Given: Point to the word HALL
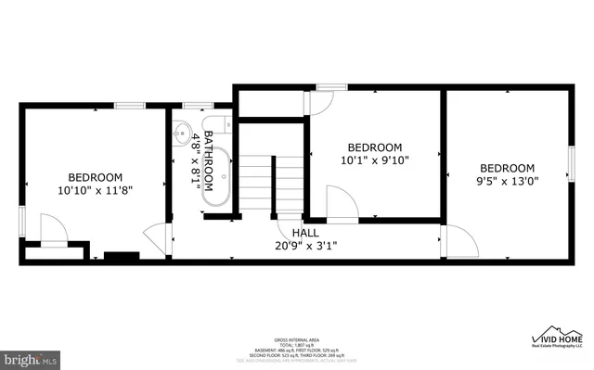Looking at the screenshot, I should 305,233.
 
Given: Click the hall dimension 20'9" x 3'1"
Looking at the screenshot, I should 305,247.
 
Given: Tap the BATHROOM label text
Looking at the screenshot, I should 213,160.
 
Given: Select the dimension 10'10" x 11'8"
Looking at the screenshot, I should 96,190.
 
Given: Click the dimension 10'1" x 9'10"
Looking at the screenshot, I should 375,160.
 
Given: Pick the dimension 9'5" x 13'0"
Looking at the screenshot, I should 508,182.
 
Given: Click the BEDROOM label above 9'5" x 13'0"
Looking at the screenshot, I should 508,168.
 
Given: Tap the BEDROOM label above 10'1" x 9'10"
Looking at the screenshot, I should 375,147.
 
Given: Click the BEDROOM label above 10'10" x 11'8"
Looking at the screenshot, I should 96,176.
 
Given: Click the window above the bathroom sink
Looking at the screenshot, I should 194,106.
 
